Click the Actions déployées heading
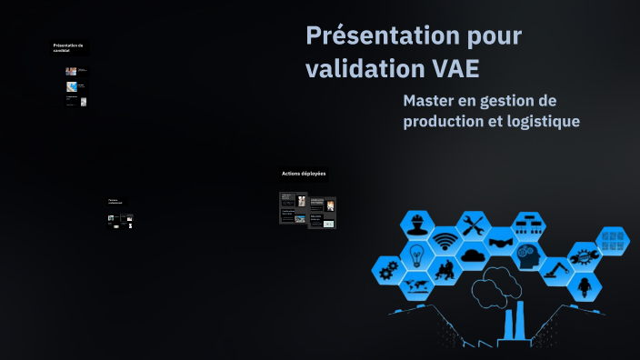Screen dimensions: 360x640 pos(304,174)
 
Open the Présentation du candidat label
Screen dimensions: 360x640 pos(68,47)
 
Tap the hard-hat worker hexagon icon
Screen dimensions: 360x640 pos(415,225)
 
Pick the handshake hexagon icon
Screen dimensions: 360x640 pos(500,242)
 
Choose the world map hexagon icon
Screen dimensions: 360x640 pos(415,286)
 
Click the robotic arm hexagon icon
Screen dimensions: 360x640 pos(555,270)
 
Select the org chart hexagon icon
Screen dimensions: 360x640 pos(527,224)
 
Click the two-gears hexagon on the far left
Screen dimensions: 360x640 pos(388,270)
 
